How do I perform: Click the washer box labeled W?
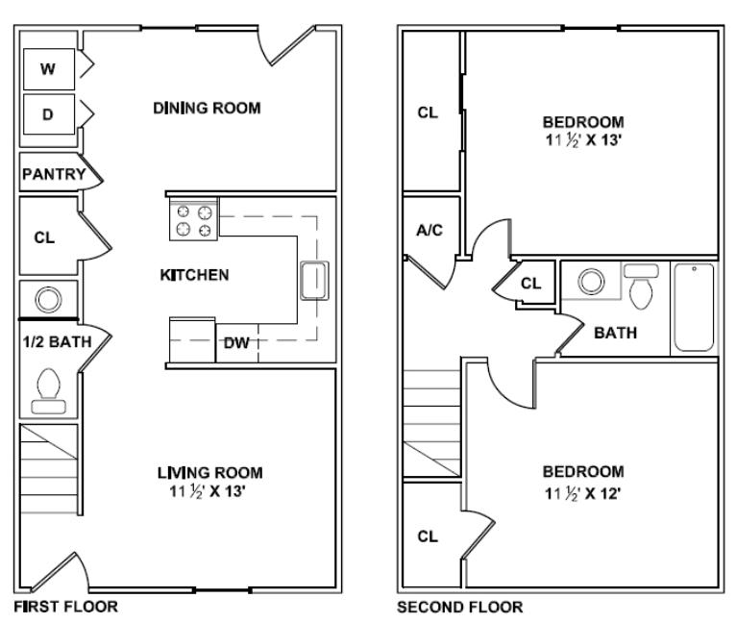coord(47,68)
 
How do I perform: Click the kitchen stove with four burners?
coord(194,220)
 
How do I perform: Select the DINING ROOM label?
coord(207,108)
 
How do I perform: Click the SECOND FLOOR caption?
coord(460,607)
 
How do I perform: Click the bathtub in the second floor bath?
coord(693,308)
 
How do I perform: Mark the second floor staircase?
coord(432,423)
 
